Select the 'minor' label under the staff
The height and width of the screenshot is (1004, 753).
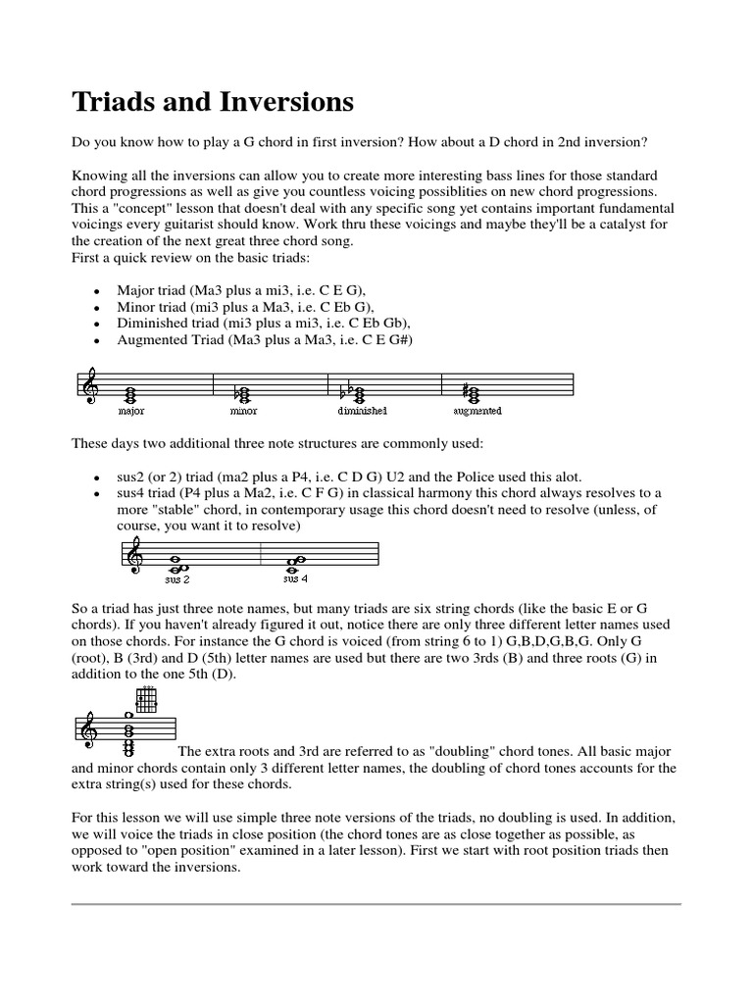pyautogui.click(x=245, y=411)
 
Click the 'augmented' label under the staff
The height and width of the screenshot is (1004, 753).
pyautogui.click(x=477, y=411)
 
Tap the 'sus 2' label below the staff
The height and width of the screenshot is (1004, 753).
pyautogui.click(x=177, y=579)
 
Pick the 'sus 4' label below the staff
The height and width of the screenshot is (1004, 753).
pyautogui.click(x=294, y=579)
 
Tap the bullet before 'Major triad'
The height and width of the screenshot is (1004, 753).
pyautogui.click(x=95, y=293)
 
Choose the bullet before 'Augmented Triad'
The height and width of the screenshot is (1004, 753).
pyautogui.click(x=95, y=340)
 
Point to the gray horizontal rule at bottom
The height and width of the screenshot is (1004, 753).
pyautogui.click(x=376, y=904)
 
